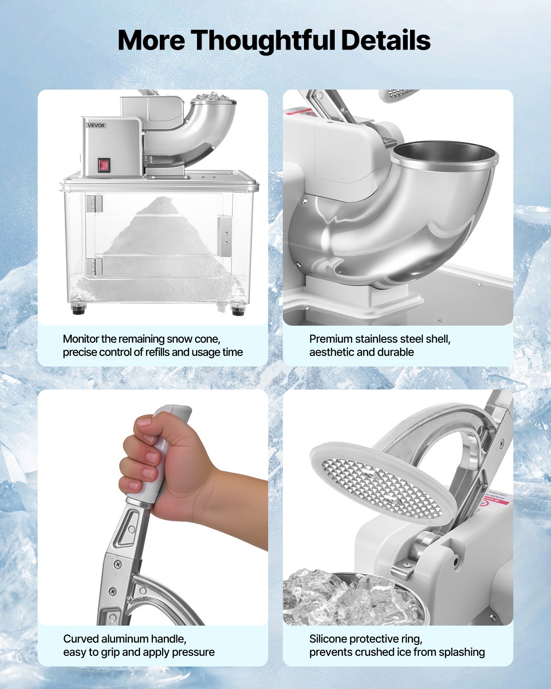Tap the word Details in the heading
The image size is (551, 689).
385,40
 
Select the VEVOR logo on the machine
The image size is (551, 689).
96,125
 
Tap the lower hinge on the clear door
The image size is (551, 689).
94,267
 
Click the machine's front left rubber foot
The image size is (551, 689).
79,309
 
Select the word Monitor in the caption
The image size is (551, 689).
81,339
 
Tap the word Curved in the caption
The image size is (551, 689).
81,639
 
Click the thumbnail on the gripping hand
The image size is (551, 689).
144,421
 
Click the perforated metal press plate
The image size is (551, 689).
381,487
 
